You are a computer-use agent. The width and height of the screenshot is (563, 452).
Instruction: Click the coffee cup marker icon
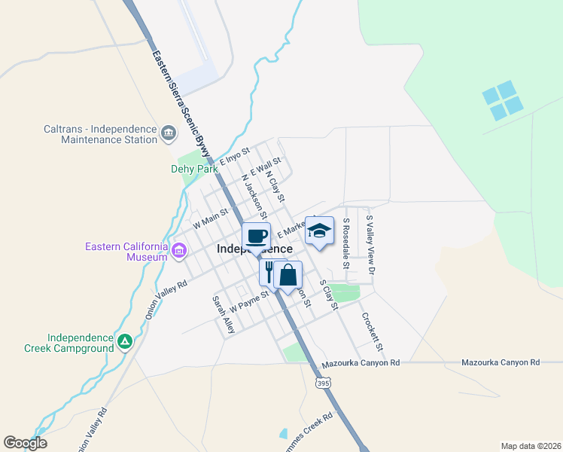(x=256, y=236)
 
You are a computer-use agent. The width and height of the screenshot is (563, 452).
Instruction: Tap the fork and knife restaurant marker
(x=269, y=272)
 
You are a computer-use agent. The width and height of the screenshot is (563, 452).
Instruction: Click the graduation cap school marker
(x=319, y=231)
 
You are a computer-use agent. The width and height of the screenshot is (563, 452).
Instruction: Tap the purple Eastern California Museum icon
(x=179, y=251)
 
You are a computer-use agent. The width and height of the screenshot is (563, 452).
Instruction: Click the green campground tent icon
(x=125, y=343)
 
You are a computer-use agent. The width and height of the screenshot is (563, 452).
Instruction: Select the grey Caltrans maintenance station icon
(x=168, y=134)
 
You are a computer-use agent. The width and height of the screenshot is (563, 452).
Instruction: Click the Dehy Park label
(x=193, y=169)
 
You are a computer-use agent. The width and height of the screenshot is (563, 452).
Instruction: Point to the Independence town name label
(x=254, y=249)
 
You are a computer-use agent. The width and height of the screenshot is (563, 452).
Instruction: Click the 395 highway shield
(x=323, y=383)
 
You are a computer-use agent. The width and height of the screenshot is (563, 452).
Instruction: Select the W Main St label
(x=210, y=219)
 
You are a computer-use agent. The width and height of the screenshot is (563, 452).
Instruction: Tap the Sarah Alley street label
(x=224, y=315)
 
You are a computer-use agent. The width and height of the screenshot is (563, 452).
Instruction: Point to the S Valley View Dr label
(x=370, y=243)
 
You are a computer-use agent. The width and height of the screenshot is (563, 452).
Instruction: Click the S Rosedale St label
(x=346, y=243)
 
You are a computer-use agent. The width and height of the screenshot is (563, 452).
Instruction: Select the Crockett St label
(x=372, y=332)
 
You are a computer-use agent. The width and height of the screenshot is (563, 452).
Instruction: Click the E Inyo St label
(x=234, y=157)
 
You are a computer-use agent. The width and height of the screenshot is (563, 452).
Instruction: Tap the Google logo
(x=25, y=442)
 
